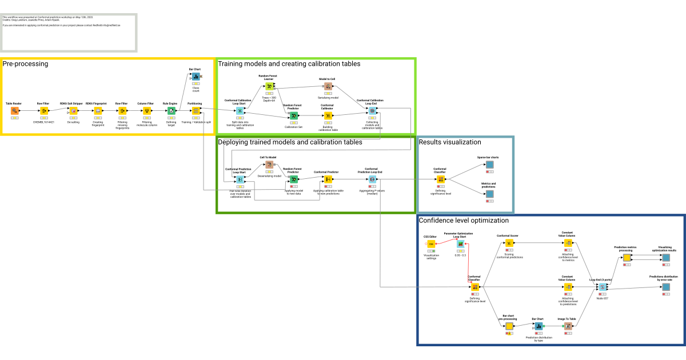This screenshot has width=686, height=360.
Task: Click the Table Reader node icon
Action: tap(14, 110)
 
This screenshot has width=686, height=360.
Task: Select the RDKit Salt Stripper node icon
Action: tap(73, 110)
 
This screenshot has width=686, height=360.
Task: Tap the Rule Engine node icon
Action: tap(171, 110)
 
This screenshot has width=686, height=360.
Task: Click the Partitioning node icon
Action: tap(196, 110)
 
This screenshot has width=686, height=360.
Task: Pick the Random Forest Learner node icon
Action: tap(270, 86)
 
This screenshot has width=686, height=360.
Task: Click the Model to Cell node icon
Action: tap(328, 86)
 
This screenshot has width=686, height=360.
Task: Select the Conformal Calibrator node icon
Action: tap(328, 115)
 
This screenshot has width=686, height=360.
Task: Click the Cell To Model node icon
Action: tap(269, 165)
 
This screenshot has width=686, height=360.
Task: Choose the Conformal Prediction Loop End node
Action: tap(372, 179)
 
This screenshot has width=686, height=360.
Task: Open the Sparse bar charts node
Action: tap(489, 165)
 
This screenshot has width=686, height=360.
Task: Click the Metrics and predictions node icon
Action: tap(489, 194)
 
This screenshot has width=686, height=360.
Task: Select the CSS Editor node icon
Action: tap(431, 244)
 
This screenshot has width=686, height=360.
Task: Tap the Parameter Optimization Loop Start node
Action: tap(460, 244)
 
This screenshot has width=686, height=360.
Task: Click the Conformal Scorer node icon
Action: tap(508, 243)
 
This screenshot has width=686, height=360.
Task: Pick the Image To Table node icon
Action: tap(568, 326)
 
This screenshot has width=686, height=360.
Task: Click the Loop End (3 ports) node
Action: tap(602, 286)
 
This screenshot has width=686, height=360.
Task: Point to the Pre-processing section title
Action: tap(25, 63)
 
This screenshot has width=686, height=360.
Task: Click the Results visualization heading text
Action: tap(449, 142)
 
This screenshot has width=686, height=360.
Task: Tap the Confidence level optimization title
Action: tap(464, 220)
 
